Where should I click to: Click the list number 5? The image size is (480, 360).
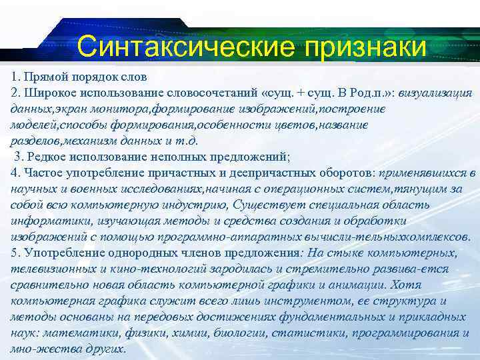click(15, 253)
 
